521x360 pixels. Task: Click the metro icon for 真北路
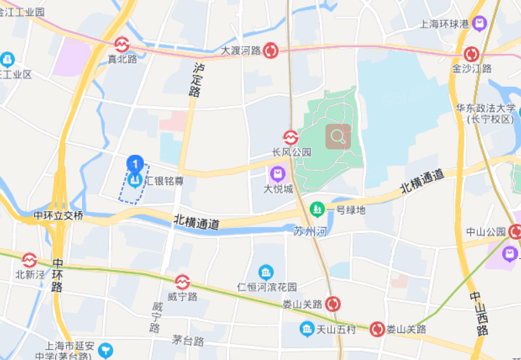point(122,44)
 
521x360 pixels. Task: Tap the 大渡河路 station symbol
point(271,50)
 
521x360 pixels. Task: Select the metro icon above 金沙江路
point(472,54)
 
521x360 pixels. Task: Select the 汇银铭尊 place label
point(165,180)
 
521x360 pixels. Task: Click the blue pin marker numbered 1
point(135,164)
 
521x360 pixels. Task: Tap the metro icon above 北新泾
point(30,260)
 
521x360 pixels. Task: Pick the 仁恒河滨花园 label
point(267,287)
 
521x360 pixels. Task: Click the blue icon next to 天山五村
point(307,329)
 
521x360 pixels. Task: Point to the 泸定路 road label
point(197,80)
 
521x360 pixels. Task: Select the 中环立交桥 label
point(59,216)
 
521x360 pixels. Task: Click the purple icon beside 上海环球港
point(479,24)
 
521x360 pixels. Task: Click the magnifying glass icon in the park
point(338,137)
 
